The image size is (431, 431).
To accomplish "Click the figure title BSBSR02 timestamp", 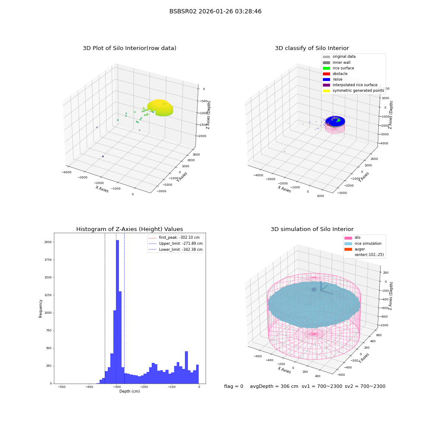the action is (215, 12).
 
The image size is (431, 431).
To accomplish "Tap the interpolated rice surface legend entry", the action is (350, 85).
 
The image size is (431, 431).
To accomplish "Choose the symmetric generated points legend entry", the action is (353, 91).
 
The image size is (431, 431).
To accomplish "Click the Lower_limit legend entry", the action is (175, 250).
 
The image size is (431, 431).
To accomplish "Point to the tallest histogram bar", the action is (117, 312).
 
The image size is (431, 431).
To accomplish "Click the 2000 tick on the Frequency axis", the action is (48, 242).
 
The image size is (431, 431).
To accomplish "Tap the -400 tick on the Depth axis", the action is (89, 387).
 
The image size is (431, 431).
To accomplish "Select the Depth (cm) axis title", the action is (129, 391).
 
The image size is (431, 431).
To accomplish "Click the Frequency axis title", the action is (41, 309).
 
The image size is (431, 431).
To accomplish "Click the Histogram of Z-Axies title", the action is (129, 229).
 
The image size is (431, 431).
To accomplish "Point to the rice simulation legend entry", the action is (363, 244).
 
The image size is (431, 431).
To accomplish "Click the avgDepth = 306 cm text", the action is (274, 386).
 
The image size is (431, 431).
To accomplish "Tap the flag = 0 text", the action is (234, 386).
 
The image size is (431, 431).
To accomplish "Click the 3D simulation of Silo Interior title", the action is (312, 229).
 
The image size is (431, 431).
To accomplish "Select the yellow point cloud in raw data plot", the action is (160, 108).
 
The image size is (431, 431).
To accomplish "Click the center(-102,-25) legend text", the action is (369, 255).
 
